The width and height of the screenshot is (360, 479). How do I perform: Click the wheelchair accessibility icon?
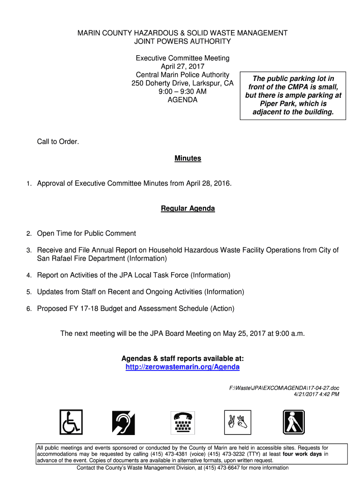click(71, 422)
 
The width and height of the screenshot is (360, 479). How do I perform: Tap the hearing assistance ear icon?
click(123, 422)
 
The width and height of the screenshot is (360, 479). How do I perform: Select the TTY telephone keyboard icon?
click(183, 422)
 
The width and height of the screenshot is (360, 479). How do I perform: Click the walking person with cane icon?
click(294, 422)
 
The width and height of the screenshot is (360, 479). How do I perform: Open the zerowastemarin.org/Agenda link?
click(182, 367)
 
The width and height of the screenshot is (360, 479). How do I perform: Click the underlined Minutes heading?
click(187, 159)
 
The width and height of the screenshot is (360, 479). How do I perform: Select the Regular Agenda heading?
click(187, 209)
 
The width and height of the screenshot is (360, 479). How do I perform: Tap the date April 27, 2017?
click(182, 66)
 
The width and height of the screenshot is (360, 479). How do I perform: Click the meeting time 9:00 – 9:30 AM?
click(182, 92)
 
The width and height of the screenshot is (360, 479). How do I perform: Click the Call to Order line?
click(58, 142)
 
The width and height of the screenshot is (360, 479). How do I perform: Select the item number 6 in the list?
click(29, 309)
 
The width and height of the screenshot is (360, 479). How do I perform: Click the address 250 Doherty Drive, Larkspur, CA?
click(182, 83)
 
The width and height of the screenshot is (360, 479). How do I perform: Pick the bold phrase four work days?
click(302, 454)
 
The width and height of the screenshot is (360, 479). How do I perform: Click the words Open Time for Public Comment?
click(86, 233)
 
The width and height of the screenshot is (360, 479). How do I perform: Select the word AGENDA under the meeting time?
click(182, 100)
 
